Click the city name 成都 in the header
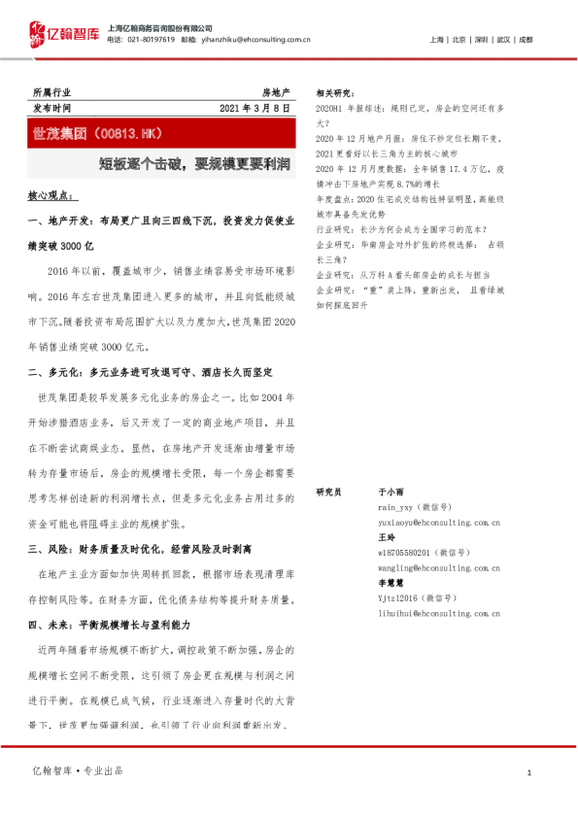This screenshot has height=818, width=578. (525, 40)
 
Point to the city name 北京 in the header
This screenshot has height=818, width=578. (459, 40)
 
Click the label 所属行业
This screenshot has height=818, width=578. (51, 91)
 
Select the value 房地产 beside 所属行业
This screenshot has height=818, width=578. (275, 91)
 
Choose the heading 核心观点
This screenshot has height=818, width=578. (51, 195)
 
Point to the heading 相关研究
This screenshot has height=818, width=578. (336, 92)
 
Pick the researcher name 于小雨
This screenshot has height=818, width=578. (390, 493)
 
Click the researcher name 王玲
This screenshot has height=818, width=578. (386, 536)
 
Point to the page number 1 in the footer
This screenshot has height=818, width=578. (528, 772)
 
